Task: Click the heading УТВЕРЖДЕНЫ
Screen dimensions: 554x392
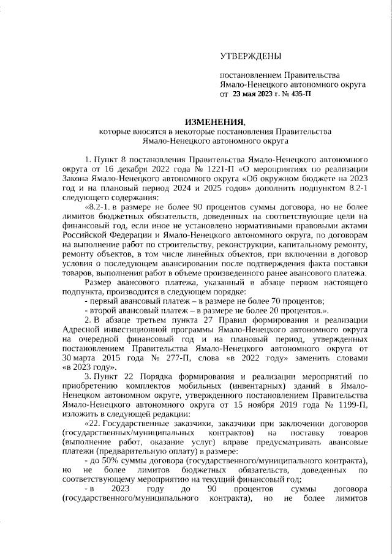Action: click(251, 57)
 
